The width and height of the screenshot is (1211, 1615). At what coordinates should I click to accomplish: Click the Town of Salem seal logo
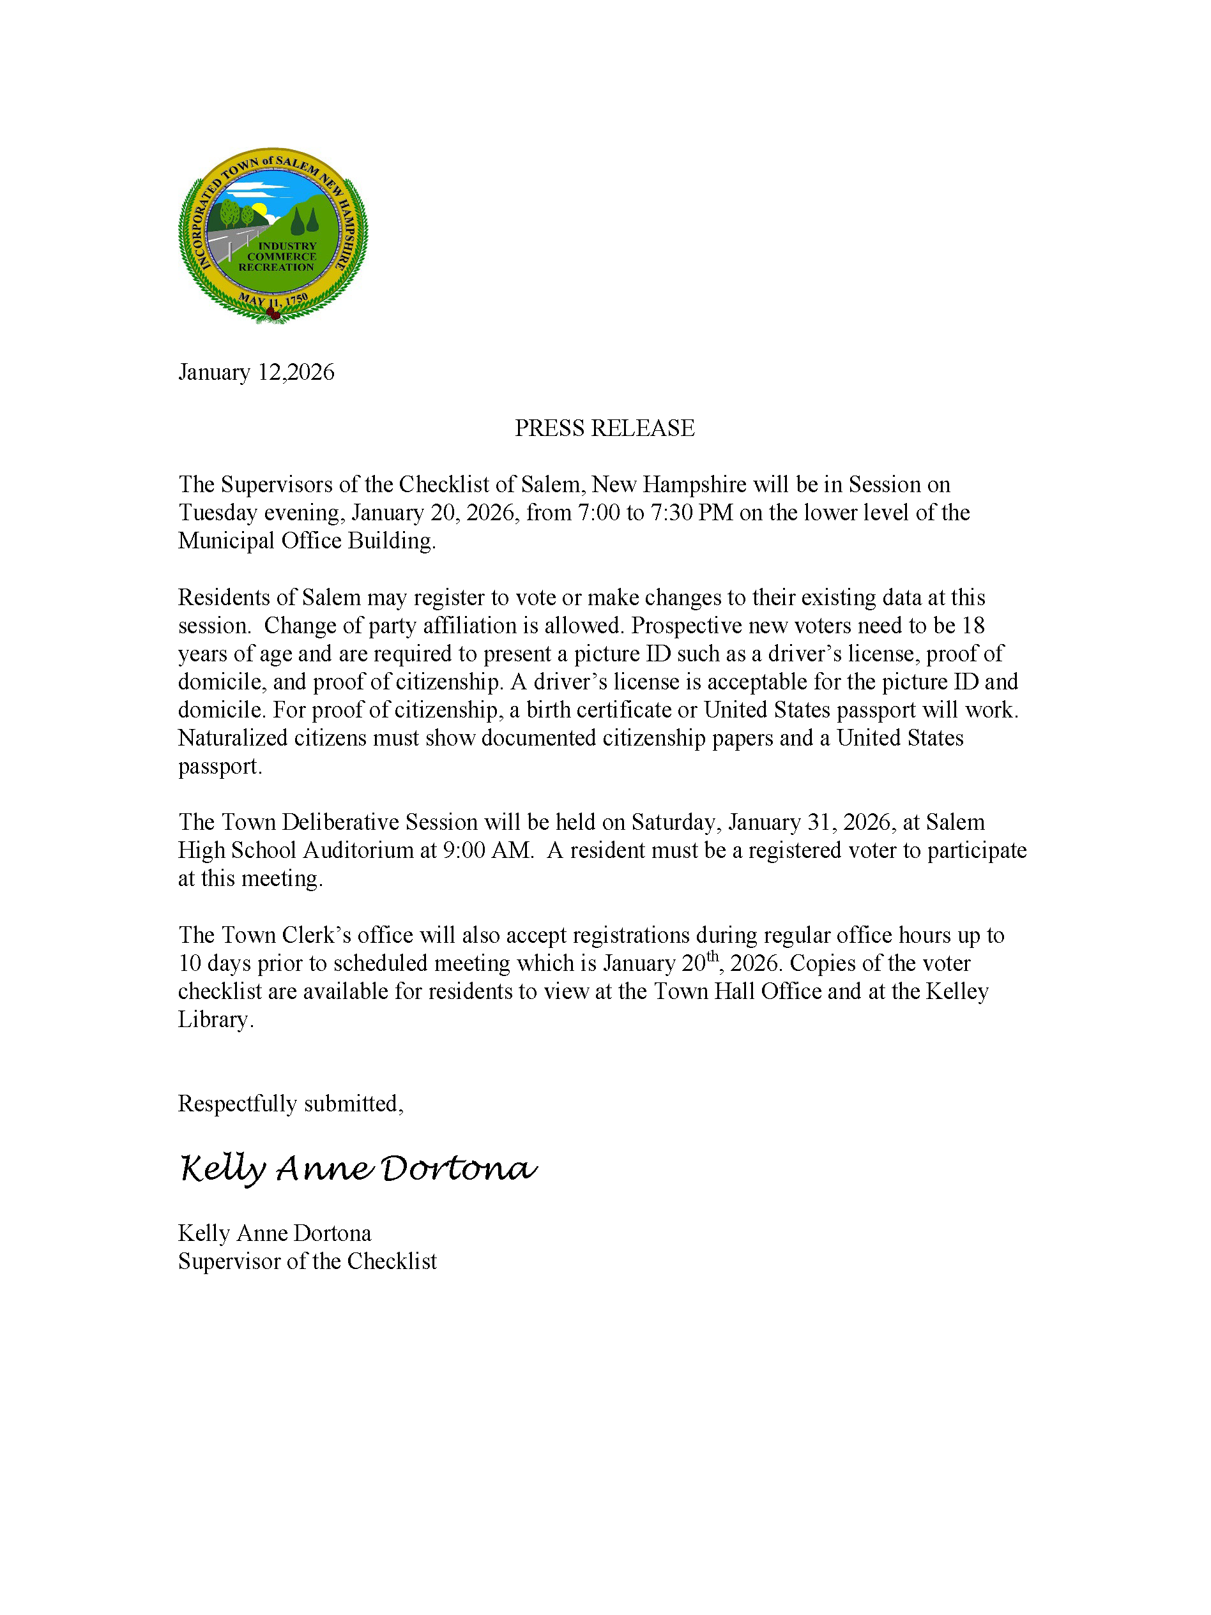273,235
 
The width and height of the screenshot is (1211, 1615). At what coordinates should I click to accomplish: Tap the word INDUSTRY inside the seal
286,246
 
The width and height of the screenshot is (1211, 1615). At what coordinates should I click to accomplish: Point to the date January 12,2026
256,372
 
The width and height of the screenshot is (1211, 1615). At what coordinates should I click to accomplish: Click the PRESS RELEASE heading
604,428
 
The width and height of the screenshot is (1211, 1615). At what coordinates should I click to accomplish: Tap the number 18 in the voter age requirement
973,626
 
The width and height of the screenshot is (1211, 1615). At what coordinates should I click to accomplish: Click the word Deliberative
340,822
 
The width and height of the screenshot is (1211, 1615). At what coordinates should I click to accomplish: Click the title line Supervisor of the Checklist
307,1261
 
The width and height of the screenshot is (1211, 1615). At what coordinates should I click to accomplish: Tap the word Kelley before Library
957,991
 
